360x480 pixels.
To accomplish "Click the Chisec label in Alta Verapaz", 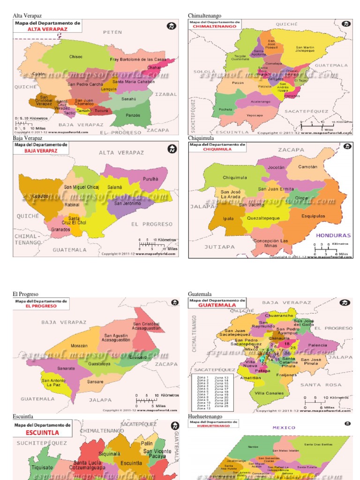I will [76, 57].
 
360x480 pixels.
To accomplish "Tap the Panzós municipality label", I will [133, 115].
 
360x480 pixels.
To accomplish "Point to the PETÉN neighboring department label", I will [112, 32].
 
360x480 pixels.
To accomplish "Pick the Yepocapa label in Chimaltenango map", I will [255, 115].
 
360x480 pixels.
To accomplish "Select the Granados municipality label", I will [60, 230].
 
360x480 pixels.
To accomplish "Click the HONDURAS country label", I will [333, 235].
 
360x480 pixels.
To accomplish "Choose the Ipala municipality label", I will [228, 218].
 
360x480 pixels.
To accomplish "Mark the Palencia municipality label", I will [317, 345].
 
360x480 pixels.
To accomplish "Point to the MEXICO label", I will [284, 427].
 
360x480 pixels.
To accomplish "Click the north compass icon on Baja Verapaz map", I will [172, 149].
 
